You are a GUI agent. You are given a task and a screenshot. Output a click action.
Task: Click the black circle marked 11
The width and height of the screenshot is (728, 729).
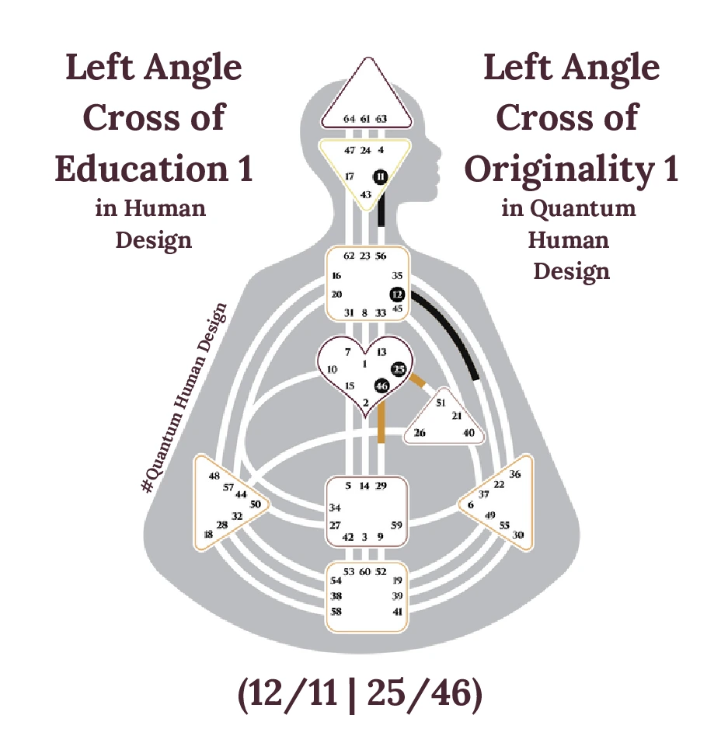[380, 176]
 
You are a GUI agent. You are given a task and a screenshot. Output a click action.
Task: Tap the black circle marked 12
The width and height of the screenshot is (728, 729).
[398, 295]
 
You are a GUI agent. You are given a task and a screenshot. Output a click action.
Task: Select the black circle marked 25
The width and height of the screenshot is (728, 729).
[399, 368]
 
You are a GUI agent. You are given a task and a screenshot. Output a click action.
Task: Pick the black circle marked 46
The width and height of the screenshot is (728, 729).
[381, 385]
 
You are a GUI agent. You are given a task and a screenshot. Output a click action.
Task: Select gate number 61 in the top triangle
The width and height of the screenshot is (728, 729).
[365, 119]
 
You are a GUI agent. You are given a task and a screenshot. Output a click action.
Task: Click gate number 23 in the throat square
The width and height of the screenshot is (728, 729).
[365, 256]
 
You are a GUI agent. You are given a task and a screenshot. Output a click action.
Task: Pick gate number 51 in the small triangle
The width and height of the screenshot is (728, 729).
[441, 403]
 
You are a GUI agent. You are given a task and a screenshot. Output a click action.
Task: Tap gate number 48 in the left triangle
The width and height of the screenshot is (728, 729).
[214, 476]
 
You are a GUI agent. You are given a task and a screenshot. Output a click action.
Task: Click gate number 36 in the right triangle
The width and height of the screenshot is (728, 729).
[514, 474]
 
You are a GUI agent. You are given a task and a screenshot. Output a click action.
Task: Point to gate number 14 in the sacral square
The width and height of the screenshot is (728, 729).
[364, 486]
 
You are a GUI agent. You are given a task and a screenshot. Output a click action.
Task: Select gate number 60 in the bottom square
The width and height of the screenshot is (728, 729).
[365, 572]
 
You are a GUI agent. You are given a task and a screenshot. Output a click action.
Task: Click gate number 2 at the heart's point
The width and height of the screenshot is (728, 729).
[365, 402]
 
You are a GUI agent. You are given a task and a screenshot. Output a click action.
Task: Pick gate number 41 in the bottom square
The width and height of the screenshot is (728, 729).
[397, 612]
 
